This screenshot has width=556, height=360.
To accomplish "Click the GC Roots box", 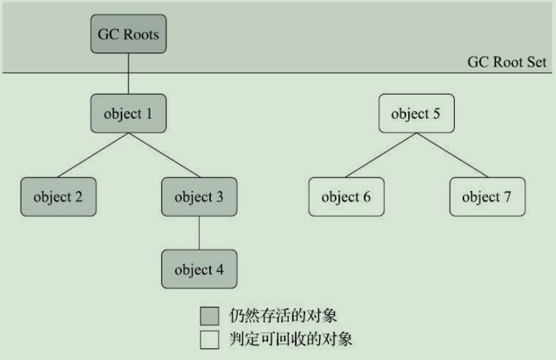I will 128,34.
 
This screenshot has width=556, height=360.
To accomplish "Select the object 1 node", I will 128,113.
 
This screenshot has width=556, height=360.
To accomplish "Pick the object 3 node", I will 199,197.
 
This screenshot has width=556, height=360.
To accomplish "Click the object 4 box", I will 199,269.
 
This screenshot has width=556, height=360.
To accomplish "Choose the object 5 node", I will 415,113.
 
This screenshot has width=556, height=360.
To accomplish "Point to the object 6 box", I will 346,197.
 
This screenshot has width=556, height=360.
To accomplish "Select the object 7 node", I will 486,197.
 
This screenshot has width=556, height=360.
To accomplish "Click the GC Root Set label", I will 507,62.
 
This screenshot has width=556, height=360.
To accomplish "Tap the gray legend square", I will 209,316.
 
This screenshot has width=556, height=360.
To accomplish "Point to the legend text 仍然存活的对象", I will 283,315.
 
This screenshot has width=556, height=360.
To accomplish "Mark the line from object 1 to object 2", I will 93,155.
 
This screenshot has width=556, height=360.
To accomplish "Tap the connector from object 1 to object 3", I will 163,155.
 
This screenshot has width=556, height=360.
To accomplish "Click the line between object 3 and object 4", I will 199,233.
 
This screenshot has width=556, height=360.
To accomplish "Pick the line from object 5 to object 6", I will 380,155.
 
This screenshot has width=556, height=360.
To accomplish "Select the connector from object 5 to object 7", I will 451,155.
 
